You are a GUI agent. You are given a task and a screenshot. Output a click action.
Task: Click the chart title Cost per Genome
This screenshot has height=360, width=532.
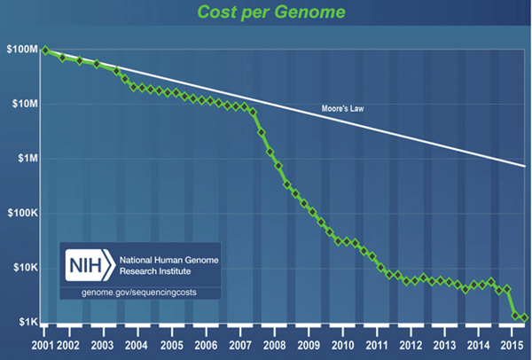coord(271,12)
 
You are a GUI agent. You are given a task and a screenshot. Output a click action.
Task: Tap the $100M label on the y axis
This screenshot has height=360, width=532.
coord(22,49)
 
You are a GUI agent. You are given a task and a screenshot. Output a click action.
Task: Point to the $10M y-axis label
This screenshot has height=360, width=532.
coord(25,104)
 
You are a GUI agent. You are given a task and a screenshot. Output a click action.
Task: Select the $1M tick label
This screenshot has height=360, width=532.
coord(27,158)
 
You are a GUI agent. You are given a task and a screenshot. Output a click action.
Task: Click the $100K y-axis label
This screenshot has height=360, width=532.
coord(23,213)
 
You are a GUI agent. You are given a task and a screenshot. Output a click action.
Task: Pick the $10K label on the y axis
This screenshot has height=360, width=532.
coord(26,268)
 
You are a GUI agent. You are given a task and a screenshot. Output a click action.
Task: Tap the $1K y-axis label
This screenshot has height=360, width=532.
coord(28,322)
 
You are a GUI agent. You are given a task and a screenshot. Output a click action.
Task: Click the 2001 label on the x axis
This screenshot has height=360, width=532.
coord(43,346)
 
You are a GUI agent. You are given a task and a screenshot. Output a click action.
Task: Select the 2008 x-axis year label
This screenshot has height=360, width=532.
coord(275,346)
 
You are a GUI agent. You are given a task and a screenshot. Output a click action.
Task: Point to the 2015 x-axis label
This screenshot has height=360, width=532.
coord(512,346)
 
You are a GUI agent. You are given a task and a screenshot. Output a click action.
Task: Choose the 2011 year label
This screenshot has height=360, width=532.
coord(377,346)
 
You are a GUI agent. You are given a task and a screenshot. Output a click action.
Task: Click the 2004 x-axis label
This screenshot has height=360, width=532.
coord(137,346)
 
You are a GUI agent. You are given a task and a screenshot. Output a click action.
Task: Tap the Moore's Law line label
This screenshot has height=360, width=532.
coord(342,108)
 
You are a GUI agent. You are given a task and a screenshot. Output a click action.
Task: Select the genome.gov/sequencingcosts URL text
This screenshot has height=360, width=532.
coord(139,293)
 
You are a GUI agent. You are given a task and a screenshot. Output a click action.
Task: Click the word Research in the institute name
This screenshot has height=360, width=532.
coord(137,271)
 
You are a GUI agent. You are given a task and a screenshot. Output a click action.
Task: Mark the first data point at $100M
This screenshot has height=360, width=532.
coord(45,51)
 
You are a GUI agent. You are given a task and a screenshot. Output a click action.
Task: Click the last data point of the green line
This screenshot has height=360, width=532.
coord(525,317)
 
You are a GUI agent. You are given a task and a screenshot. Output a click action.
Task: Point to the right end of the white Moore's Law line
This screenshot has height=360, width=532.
coord(525,167)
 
